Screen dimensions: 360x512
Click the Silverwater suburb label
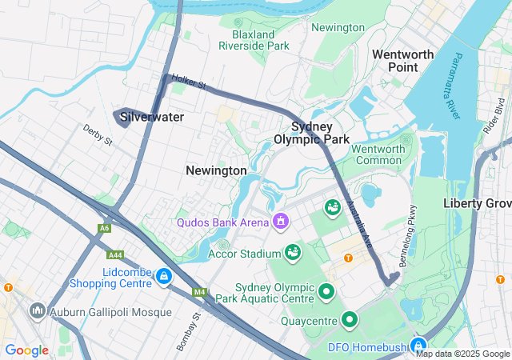(x=152, y=117)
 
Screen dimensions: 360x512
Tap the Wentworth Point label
(x=402, y=61)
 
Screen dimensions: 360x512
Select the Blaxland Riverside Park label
(x=254, y=40)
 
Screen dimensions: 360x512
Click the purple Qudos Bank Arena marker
(x=280, y=220)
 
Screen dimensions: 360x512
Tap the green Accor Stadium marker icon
(x=293, y=252)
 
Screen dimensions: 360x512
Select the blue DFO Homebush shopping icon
(x=418, y=346)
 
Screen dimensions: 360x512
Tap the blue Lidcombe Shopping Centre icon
(x=163, y=276)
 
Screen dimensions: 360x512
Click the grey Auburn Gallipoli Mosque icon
(x=37, y=310)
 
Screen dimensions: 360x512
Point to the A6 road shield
(x=104, y=228)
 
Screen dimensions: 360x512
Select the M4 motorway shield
(x=199, y=292)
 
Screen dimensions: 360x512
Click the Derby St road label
(x=97, y=134)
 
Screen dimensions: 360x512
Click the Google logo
(x=26, y=350)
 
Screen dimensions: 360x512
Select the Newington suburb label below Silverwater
(x=216, y=170)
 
